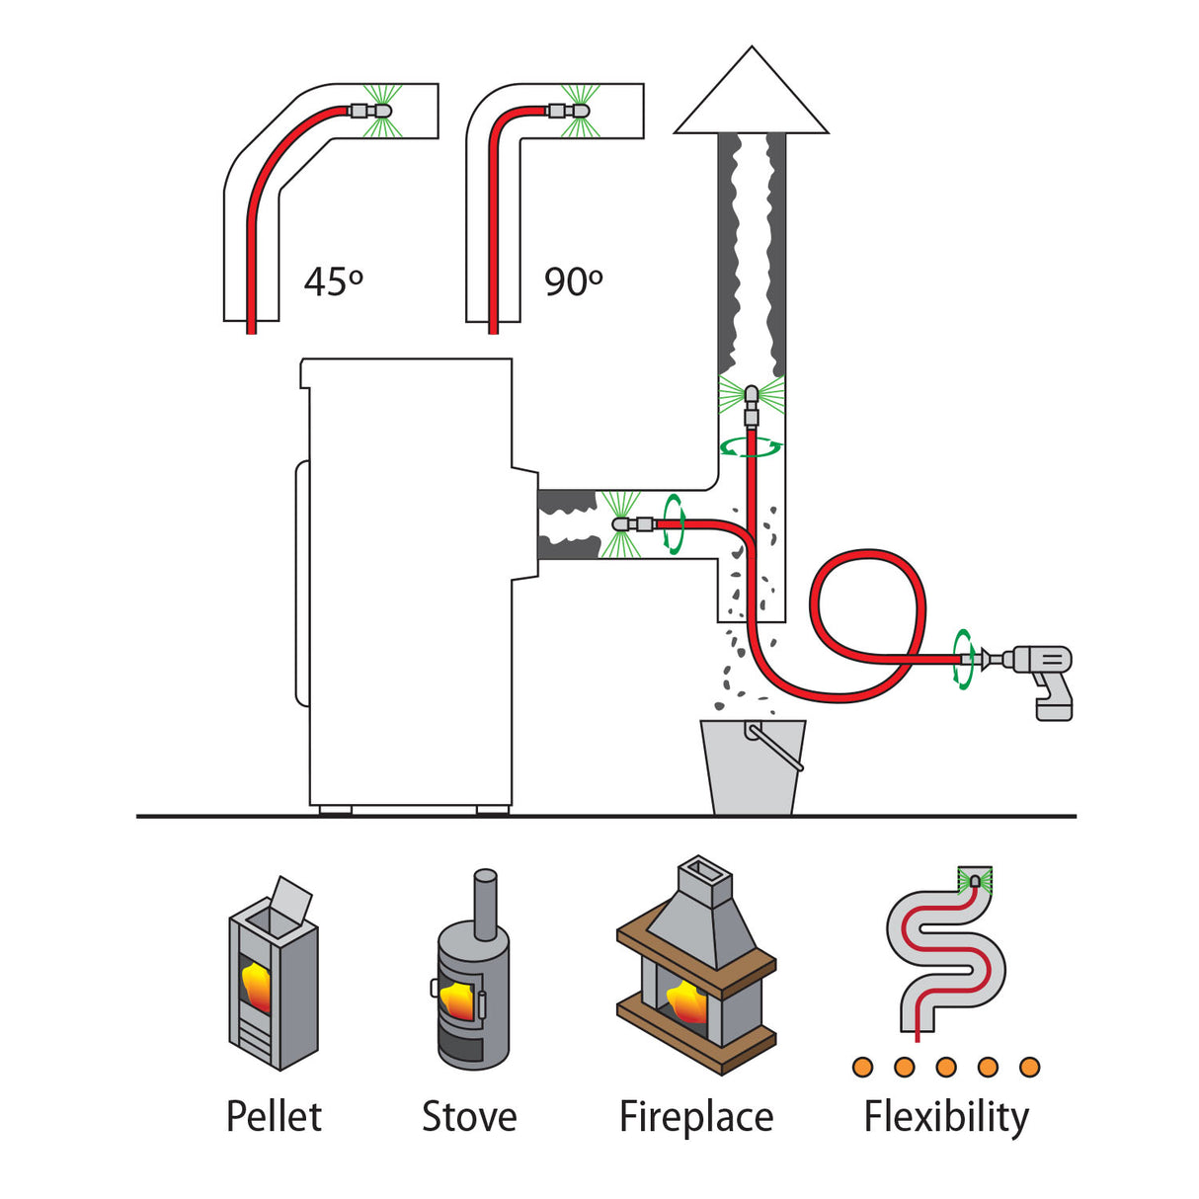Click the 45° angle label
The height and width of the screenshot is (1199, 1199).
pos(334,281)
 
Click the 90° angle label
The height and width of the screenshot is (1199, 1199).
pos(574,281)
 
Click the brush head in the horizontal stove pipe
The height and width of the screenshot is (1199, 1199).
pos(625,523)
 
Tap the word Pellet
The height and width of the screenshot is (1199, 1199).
pos(274,1117)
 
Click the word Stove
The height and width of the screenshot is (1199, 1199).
pos(469,1117)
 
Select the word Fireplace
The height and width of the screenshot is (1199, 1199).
pos(696,1117)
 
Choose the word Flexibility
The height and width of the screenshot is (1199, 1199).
pos(946,1117)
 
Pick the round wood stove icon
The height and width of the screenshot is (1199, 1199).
pos(473,978)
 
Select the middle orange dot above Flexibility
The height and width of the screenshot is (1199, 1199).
pos(946,1067)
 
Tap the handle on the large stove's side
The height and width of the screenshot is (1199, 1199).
pos(301,583)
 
